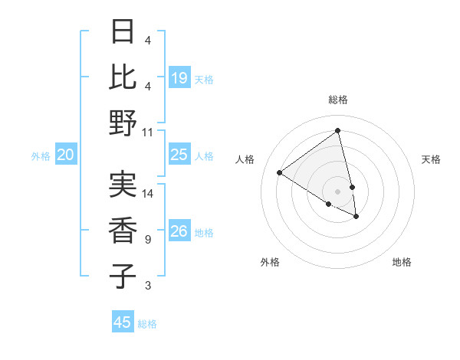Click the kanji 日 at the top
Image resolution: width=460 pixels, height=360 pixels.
click(123, 33)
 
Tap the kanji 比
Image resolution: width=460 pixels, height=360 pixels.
click(123, 77)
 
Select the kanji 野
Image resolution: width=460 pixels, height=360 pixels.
click(123, 123)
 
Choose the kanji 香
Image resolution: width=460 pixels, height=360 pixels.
click(123, 229)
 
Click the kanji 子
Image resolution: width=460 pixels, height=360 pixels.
click(123, 274)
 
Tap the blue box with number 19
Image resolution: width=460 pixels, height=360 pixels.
click(179, 77)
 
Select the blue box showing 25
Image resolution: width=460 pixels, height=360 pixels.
click(179, 155)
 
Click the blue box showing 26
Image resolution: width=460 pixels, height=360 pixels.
click(179, 231)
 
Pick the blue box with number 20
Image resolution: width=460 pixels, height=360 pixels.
click(66, 155)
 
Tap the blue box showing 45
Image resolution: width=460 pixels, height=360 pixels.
click(123, 322)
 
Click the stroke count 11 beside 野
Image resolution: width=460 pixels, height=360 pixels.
click(148, 132)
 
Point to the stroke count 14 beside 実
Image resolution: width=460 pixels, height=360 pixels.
click(148, 194)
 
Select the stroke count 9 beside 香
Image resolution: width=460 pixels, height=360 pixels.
click(147, 240)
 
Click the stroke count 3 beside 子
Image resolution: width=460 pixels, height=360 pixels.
click(147, 286)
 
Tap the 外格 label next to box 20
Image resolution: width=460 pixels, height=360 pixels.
click(41, 156)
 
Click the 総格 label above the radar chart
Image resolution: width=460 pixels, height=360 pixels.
click(337, 100)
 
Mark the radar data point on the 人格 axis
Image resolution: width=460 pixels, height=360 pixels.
click(280, 173)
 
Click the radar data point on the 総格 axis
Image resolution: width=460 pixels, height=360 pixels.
click(337, 130)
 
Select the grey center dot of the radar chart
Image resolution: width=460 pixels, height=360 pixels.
click(337, 191)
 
